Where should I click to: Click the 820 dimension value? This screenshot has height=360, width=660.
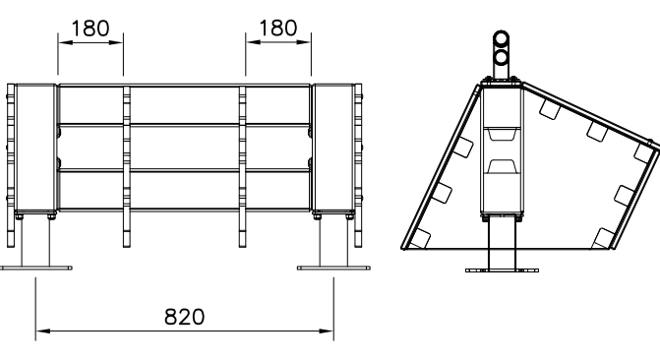point(184,317)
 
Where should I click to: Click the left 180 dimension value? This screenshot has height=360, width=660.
point(90,29)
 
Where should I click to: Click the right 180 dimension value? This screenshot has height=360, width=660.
point(277,29)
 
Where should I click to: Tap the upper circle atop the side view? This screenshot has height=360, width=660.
point(501,39)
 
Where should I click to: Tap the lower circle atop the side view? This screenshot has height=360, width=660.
point(501,57)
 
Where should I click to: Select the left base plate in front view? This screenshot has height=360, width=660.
point(36,268)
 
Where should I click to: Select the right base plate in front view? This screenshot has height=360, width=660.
point(333,268)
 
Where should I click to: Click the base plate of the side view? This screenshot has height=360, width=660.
point(503,270)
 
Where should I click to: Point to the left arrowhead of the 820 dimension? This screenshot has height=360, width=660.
point(43,330)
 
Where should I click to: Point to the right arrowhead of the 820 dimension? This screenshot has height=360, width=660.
point(327,330)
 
